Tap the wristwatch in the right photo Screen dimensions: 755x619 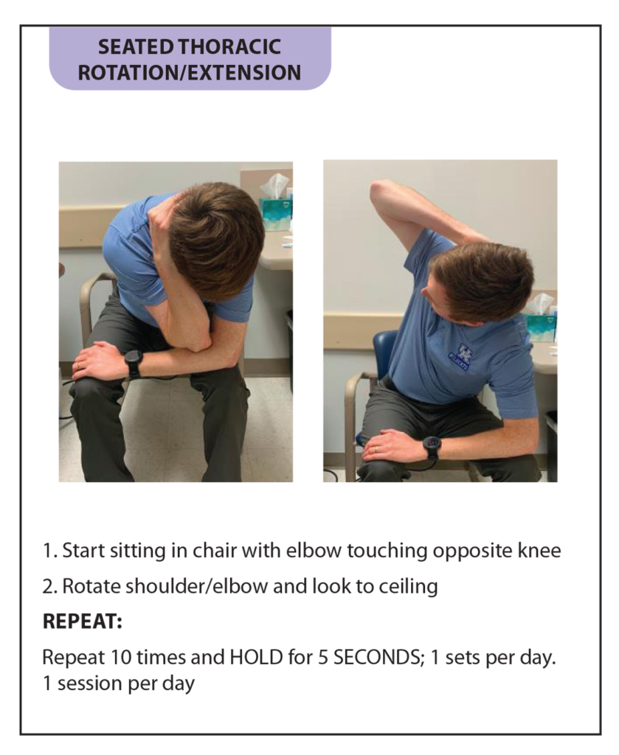pos(432,445)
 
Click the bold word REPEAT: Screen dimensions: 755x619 pos(82,622)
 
